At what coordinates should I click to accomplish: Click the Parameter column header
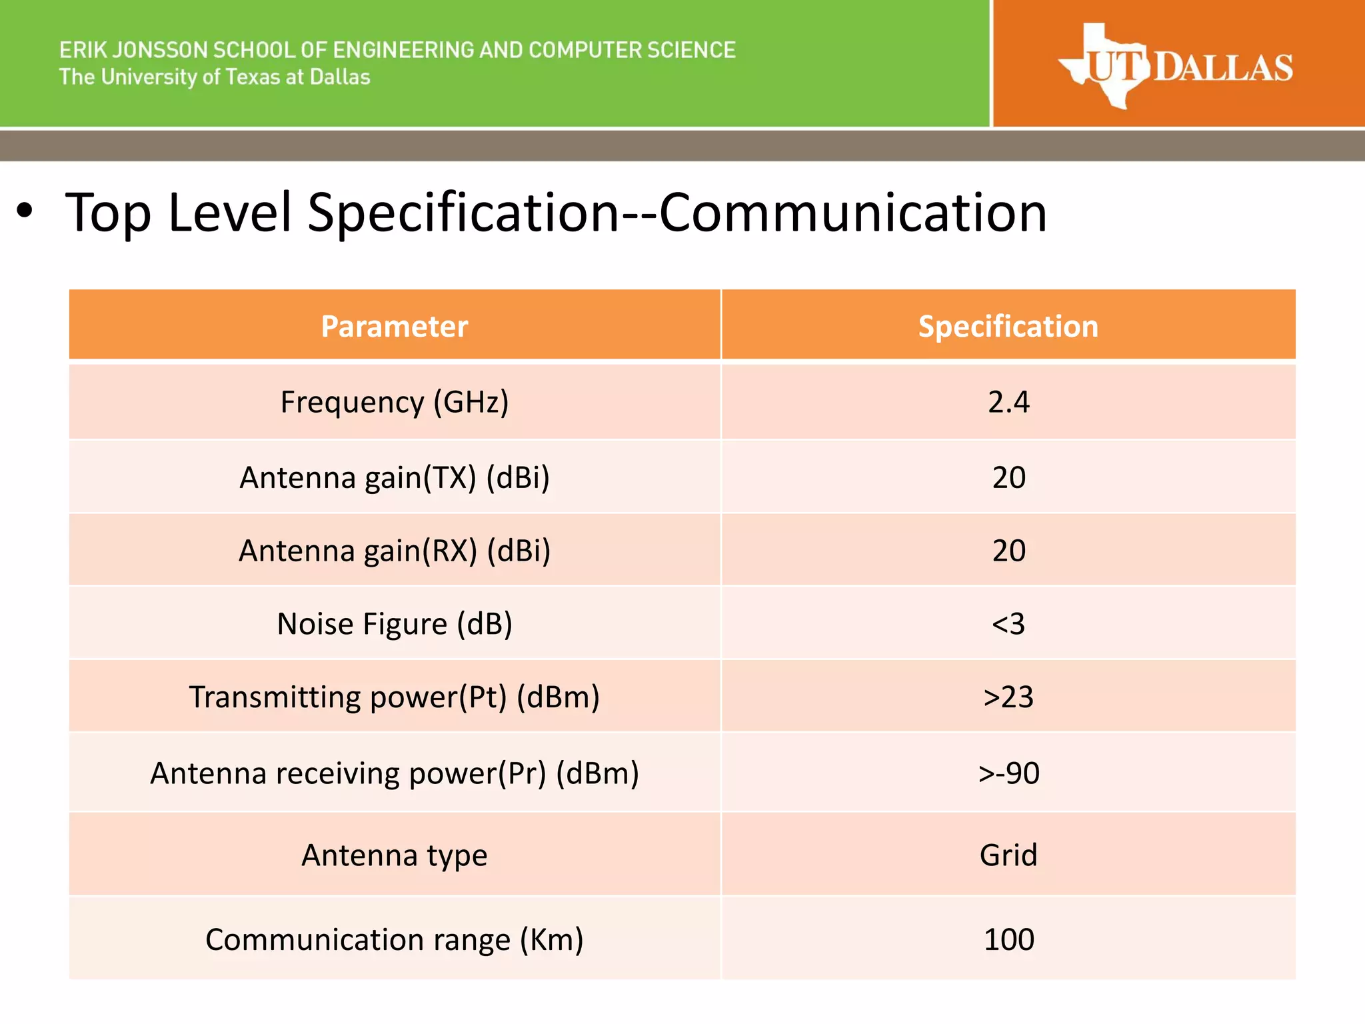pyautogui.click(x=395, y=327)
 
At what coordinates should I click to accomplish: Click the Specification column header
pyautogui.click(x=1008, y=327)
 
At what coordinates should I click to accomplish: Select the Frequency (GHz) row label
pyautogui.click(x=395, y=402)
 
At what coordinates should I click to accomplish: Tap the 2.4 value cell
pyautogui.click(x=1008, y=402)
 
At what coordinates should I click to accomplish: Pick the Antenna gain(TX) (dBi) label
pyautogui.click(x=395, y=477)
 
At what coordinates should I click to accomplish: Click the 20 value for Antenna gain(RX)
pyautogui.click(x=1008, y=551)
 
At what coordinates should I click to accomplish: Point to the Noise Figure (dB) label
pyautogui.click(x=395, y=624)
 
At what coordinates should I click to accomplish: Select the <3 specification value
pyautogui.click(x=1008, y=624)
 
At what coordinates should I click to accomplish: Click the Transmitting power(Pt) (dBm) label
pyautogui.click(x=395, y=697)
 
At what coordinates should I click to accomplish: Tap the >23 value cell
pyautogui.click(x=1008, y=697)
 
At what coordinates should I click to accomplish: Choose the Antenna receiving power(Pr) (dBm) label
pyautogui.click(x=395, y=773)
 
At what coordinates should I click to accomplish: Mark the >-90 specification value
pyautogui.click(x=1008, y=773)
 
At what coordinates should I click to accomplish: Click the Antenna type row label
pyautogui.click(x=395, y=855)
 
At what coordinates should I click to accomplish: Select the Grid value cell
pyautogui.click(x=1008, y=855)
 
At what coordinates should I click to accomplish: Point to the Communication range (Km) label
pyautogui.click(x=395, y=939)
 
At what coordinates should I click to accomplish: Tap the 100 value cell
pyautogui.click(x=1008, y=939)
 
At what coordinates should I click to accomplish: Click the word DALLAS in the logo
pyautogui.click(x=1224, y=68)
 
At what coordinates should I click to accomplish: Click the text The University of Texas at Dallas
pyautogui.click(x=215, y=77)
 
